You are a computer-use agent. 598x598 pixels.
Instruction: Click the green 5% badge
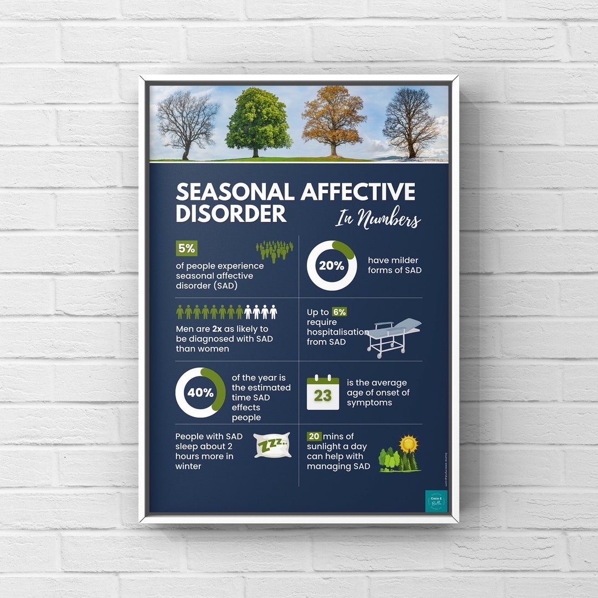[187, 249]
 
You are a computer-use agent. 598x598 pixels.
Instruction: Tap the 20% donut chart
[331, 265]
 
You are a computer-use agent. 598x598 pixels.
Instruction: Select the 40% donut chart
[200, 393]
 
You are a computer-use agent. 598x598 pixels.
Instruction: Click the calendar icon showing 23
[323, 393]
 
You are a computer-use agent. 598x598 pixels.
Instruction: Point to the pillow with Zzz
[272, 445]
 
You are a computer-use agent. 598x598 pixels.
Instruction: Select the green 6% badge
[339, 312]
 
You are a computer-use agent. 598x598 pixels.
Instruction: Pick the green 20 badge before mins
[314, 436]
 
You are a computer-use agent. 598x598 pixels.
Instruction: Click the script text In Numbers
[378, 218]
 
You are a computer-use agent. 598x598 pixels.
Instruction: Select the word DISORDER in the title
[231, 213]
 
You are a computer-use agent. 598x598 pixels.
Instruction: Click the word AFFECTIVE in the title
[358, 192]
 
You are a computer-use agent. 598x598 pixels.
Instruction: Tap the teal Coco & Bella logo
[436, 501]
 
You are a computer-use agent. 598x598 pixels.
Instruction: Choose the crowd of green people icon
[275, 250]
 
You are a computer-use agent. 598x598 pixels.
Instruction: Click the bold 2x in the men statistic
[217, 329]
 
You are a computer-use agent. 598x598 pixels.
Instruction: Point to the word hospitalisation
[338, 332]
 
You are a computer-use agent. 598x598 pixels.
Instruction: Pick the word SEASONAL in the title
[235, 192]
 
